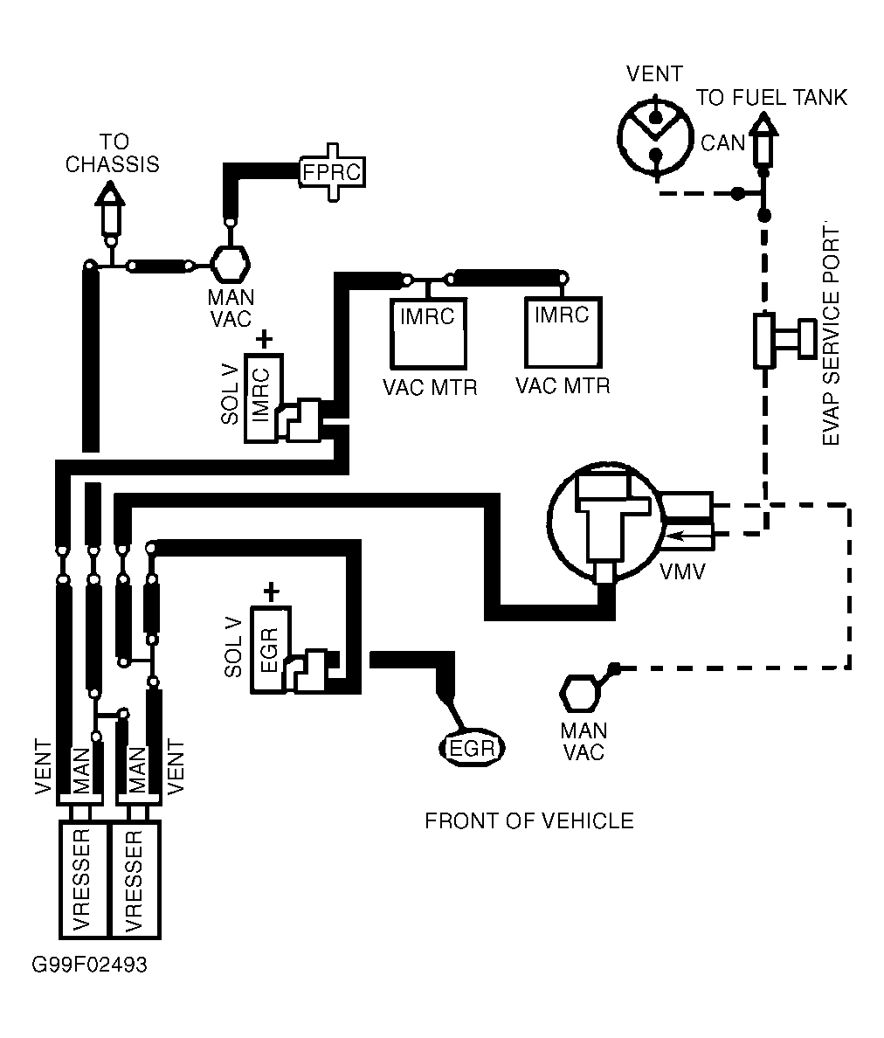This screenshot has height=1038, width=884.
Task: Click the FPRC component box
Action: pos(331,171)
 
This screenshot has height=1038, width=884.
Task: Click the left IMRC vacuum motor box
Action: pos(427,333)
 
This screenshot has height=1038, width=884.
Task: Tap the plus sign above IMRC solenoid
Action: pos(265,338)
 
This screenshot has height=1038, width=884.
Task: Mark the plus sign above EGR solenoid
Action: pos(271,592)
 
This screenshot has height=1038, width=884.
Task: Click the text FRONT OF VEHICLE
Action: pos(528,821)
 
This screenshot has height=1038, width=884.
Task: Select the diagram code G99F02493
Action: pos(89,965)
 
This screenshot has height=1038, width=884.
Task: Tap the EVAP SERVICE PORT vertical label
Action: pos(832,336)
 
